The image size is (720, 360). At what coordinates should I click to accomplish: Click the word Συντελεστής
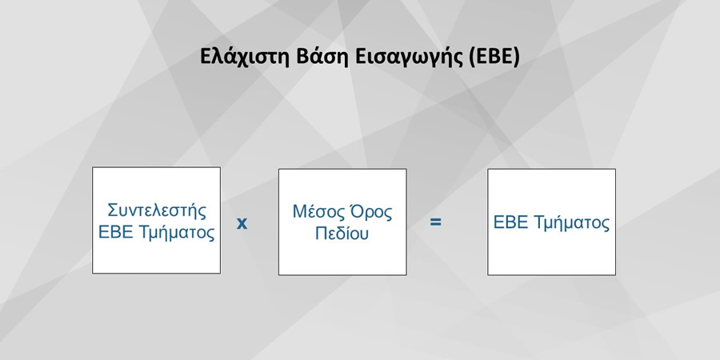point(157,210)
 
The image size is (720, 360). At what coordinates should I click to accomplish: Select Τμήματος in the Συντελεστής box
point(178,234)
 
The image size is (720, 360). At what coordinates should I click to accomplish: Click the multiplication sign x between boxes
point(242,222)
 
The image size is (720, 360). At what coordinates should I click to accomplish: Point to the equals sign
point(436,222)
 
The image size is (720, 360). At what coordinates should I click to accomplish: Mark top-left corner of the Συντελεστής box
point(93,168)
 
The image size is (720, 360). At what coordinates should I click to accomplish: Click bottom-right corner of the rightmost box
point(615,275)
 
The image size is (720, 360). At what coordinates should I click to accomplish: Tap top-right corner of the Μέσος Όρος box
point(406,169)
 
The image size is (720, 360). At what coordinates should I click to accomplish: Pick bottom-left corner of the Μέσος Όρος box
point(278,275)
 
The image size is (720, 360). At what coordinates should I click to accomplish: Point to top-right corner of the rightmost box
point(615,169)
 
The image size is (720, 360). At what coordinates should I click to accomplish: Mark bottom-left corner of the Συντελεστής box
point(93,274)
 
